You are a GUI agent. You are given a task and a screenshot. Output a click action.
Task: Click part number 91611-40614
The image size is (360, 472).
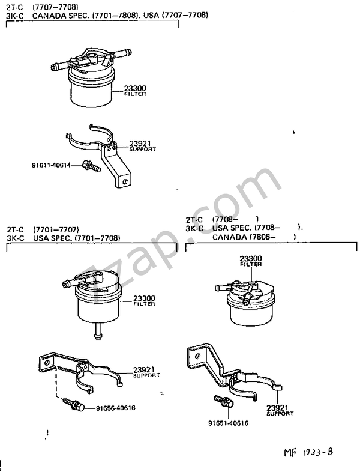click(x=52, y=165)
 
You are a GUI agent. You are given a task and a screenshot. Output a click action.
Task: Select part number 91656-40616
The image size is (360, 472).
click(x=116, y=408)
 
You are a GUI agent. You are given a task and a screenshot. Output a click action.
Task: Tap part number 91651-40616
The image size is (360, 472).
click(x=229, y=423)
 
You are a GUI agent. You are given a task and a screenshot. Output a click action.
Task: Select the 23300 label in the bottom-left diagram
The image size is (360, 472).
click(x=144, y=298)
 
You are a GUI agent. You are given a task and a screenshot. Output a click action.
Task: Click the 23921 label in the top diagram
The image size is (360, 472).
click(x=139, y=144)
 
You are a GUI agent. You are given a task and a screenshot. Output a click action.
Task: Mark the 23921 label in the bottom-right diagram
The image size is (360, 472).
click(x=280, y=408)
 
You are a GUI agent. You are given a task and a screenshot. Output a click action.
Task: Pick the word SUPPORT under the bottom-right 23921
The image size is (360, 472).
click(x=280, y=414)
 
